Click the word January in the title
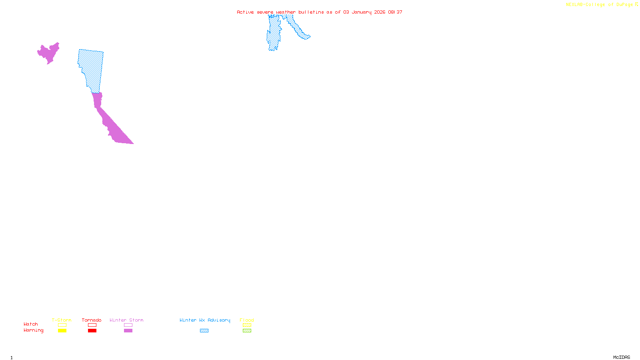362,12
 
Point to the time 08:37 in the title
395,12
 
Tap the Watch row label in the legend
31,324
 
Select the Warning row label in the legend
34,330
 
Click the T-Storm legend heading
62,320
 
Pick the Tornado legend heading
92,320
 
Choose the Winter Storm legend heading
126,320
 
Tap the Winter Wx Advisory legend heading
205,320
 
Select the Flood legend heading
247,320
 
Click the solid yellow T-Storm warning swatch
62,331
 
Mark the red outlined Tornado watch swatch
92,325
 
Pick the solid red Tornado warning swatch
92,331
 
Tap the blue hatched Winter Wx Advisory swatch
204,331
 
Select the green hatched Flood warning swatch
247,331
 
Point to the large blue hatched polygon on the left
91,68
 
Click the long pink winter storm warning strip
112,124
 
